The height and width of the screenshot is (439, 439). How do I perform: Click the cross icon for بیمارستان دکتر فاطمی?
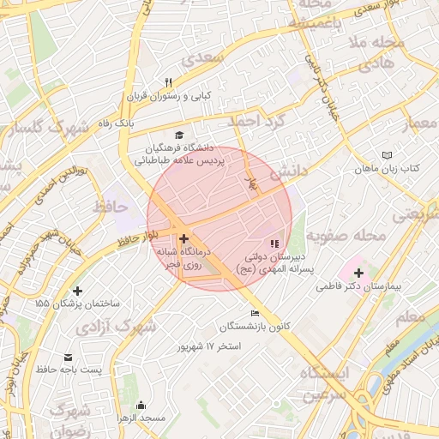[x=358, y=274]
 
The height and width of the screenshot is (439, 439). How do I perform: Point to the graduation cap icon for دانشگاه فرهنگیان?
[x=179, y=135]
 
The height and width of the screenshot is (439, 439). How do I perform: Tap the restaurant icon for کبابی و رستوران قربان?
[x=169, y=83]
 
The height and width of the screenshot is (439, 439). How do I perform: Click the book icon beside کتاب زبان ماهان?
[x=387, y=154]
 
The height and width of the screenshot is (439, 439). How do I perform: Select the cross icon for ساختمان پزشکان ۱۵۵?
[x=78, y=291]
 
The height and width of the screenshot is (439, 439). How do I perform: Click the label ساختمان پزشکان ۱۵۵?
[x=78, y=304]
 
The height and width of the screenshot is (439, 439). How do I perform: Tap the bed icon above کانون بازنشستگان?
[x=254, y=314]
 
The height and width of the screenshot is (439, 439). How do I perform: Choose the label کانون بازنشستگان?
[x=255, y=328]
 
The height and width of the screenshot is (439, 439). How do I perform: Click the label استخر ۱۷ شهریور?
[x=209, y=346]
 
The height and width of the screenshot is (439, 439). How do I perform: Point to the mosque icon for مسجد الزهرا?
[x=141, y=405]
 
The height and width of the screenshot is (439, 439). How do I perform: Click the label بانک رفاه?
[x=117, y=123]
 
